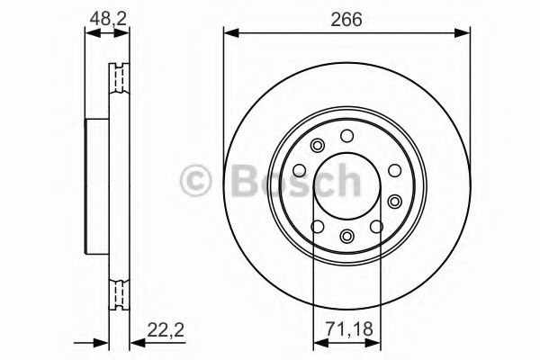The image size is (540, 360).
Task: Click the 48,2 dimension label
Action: (106, 15)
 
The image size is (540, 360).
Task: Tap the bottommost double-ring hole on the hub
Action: (347, 237)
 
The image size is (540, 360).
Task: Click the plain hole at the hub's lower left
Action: (314, 225)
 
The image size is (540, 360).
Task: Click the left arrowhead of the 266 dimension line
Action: (229, 33)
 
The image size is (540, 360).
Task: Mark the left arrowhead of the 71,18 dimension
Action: (318, 343)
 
